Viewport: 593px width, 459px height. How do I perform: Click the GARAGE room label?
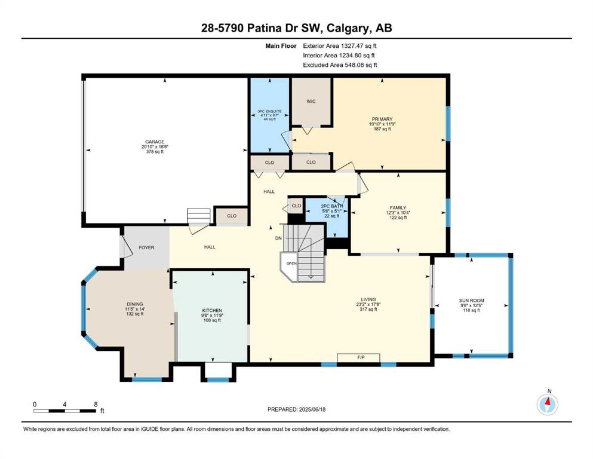[x=155, y=142]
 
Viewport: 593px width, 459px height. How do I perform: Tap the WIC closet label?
[x=311, y=101]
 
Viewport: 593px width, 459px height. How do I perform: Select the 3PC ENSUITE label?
[x=270, y=111]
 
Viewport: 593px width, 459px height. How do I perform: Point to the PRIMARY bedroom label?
[x=382, y=119]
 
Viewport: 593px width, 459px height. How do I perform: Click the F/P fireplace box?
[x=358, y=357]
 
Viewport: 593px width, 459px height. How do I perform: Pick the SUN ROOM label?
[x=472, y=301]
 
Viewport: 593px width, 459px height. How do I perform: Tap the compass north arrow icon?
[x=548, y=404]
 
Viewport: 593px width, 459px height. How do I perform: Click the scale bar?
[x=64, y=411]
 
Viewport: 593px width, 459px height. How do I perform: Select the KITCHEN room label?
[x=212, y=310]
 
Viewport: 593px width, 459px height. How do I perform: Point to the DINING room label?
[x=135, y=304]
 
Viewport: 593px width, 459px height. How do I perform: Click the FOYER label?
[x=146, y=247]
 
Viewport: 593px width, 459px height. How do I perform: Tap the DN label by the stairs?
[x=278, y=238]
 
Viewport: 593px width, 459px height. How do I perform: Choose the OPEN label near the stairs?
[x=291, y=264]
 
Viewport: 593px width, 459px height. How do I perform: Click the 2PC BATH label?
[x=331, y=206]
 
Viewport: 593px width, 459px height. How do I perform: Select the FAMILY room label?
[x=398, y=208]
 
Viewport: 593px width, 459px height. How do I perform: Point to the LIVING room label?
[x=368, y=299]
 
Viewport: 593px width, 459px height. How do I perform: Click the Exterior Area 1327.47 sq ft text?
[x=340, y=46]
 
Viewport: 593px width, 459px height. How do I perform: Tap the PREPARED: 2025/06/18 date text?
[x=296, y=409]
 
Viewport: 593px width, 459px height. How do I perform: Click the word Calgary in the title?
[x=348, y=28]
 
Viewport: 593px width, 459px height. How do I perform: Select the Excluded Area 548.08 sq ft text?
[x=340, y=65]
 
